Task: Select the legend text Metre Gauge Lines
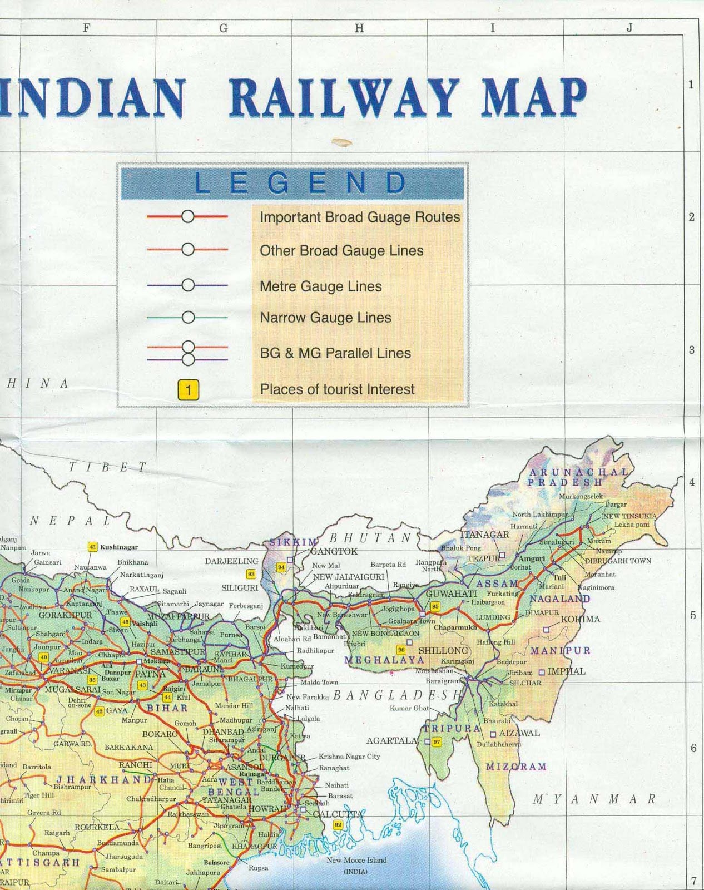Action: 321,286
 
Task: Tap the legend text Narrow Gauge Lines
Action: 325,318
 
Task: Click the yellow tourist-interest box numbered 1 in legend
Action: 188,389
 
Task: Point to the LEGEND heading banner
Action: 292,183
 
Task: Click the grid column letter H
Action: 359,28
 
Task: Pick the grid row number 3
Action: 691,350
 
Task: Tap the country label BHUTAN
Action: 370,538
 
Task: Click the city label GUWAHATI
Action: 451,594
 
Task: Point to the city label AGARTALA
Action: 391,741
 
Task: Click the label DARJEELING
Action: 231,561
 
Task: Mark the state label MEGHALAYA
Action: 384,660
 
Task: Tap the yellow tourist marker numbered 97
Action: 437,741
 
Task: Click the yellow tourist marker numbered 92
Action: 338,824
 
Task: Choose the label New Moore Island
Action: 356,860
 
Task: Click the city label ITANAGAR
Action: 484,535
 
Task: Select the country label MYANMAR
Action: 594,800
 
